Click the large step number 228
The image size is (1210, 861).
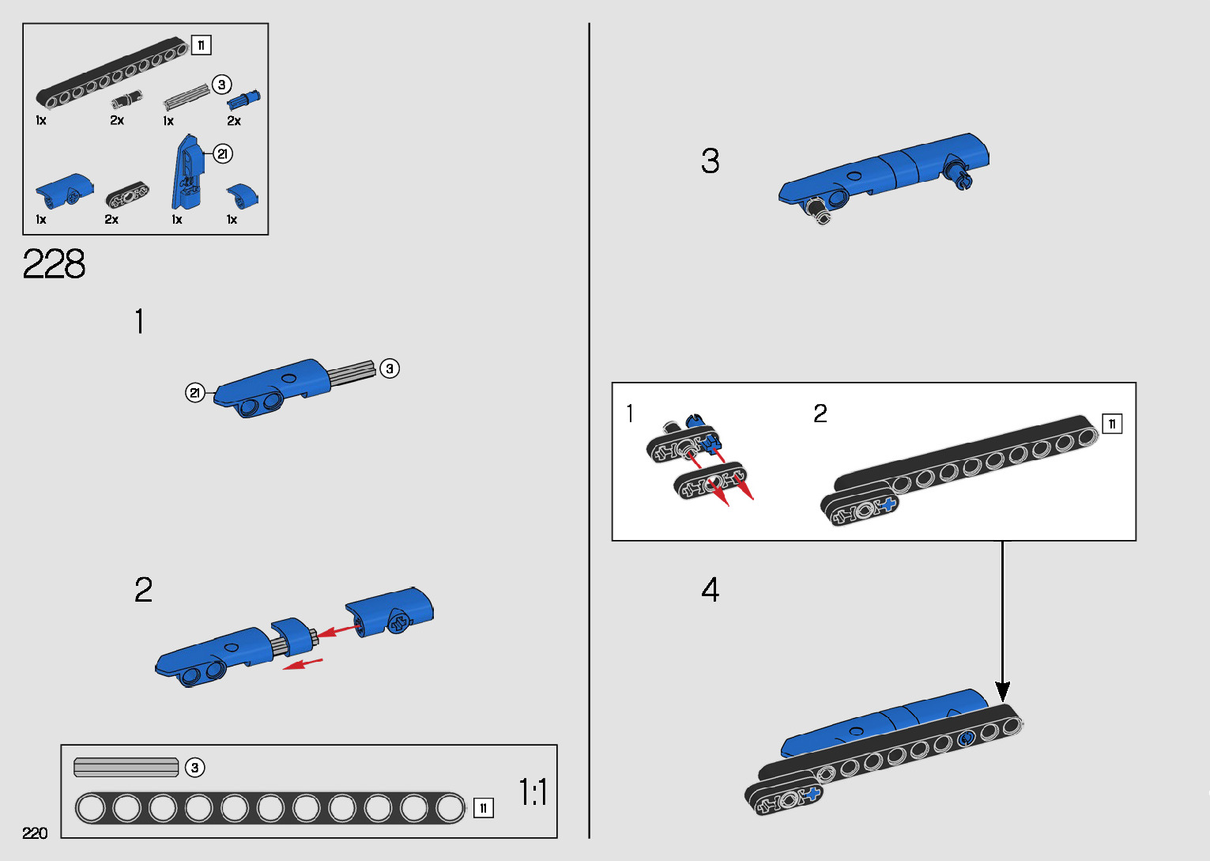tap(54, 264)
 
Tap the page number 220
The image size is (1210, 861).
tap(35, 833)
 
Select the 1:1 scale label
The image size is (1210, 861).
tap(533, 792)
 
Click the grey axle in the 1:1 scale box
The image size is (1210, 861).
tap(126, 767)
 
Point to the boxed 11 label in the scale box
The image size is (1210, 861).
tap(484, 808)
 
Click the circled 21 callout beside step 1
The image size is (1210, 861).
tap(195, 392)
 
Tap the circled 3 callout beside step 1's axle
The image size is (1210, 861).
tap(390, 368)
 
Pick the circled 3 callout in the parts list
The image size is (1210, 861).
tap(221, 85)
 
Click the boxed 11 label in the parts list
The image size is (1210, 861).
tap(201, 45)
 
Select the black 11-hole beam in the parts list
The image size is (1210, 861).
tap(111, 72)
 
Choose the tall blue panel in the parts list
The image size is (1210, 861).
tap(187, 172)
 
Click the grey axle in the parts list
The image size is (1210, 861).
tap(187, 96)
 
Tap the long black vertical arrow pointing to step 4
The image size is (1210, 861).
tap(1003, 621)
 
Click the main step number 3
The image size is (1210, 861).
tap(711, 160)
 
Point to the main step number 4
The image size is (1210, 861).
tap(711, 589)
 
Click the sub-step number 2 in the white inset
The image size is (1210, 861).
tap(820, 414)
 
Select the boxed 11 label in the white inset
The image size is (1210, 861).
tap(1112, 424)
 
